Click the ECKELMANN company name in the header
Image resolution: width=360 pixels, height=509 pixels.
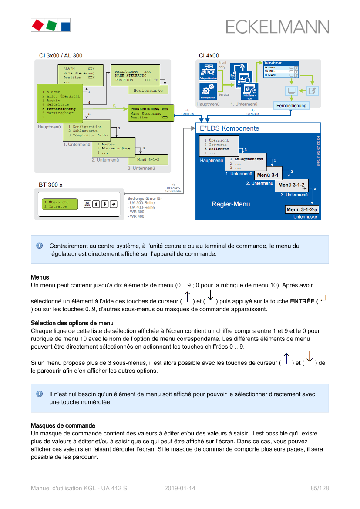pos(277,27)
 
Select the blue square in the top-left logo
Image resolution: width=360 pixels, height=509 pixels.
pos(65,25)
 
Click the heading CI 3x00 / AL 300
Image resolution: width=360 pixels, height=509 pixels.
pos(61,56)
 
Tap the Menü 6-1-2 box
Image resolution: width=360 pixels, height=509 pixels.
pos(148,160)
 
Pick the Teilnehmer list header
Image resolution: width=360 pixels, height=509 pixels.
pos(281,64)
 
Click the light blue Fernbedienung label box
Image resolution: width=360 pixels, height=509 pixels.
pos(291,105)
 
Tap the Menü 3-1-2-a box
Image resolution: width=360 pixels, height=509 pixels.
pos(302,209)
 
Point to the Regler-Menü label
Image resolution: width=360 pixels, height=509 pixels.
pos(231,204)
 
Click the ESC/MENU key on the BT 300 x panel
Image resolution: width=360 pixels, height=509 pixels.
pos(87,204)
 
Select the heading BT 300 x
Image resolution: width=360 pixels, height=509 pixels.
pos(50,185)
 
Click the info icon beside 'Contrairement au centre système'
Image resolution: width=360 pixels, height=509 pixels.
pos(39,246)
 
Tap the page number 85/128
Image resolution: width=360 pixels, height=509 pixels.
pos(320,488)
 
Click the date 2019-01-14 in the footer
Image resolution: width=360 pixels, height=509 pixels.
pos(180,488)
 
